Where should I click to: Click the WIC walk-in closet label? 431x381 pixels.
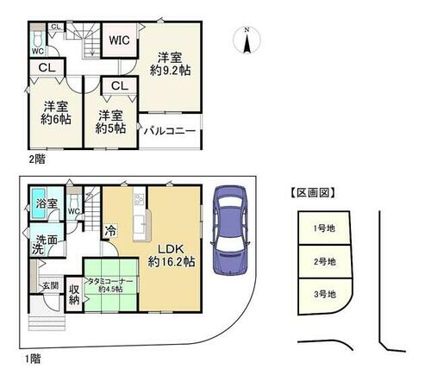[119, 41]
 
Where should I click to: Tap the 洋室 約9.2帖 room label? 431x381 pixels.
[170, 64]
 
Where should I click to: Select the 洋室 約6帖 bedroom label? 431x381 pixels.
[56, 113]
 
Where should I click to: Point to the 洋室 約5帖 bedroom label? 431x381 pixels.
[110, 122]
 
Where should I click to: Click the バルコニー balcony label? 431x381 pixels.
[170, 131]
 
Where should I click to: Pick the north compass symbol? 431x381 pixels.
[247, 41]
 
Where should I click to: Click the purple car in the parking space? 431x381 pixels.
[230, 230]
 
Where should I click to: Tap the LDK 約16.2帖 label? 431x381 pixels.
[172, 256]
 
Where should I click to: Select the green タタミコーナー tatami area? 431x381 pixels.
[110, 284]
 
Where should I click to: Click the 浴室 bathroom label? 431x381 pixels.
[47, 203]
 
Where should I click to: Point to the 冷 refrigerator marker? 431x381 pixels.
[110, 230]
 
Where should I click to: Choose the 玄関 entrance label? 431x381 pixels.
[51, 285]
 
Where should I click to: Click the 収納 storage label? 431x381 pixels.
[74, 295]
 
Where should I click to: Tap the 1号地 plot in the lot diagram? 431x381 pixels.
[324, 228]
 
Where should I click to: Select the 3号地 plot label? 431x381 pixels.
[325, 294]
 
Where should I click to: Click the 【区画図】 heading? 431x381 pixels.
[313, 193]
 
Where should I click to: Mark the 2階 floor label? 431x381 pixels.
[37, 159]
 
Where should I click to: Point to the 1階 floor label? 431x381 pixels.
[33, 359]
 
